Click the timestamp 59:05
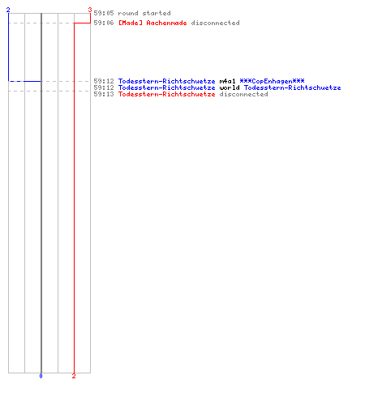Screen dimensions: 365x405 click(x=104, y=13)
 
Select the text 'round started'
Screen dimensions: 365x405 click(x=144, y=13)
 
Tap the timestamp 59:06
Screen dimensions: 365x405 click(x=104, y=23)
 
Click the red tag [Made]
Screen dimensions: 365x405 click(x=131, y=23)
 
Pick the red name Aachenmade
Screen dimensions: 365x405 click(x=166, y=23)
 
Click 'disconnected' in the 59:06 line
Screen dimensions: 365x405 click(x=215, y=23)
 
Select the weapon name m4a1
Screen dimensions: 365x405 click(x=227, y=81)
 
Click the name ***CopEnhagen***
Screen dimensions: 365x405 click(x=272, y=81)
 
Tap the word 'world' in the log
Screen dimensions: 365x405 click(x=230, y=87)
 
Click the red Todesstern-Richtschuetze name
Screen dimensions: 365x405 click(x=166, y=94)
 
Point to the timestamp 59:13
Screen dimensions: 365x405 click(x=104, y=94)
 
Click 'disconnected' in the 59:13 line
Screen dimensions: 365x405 click(x=243, y=94)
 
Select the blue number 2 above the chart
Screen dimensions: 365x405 click(x=8, y=10)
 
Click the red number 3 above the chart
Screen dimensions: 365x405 click(x=90, y=10)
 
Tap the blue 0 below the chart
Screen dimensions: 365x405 click(x=41, y=376)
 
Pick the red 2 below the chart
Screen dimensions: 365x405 click(x=74, y=376)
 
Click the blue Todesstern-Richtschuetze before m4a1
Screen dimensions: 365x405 click(x=166, y=81)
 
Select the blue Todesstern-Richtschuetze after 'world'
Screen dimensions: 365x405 click(x=292, y=87)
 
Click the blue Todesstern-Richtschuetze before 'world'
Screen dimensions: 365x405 click(x=166, y=87)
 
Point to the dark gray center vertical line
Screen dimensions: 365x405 click(x=41, y=193)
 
